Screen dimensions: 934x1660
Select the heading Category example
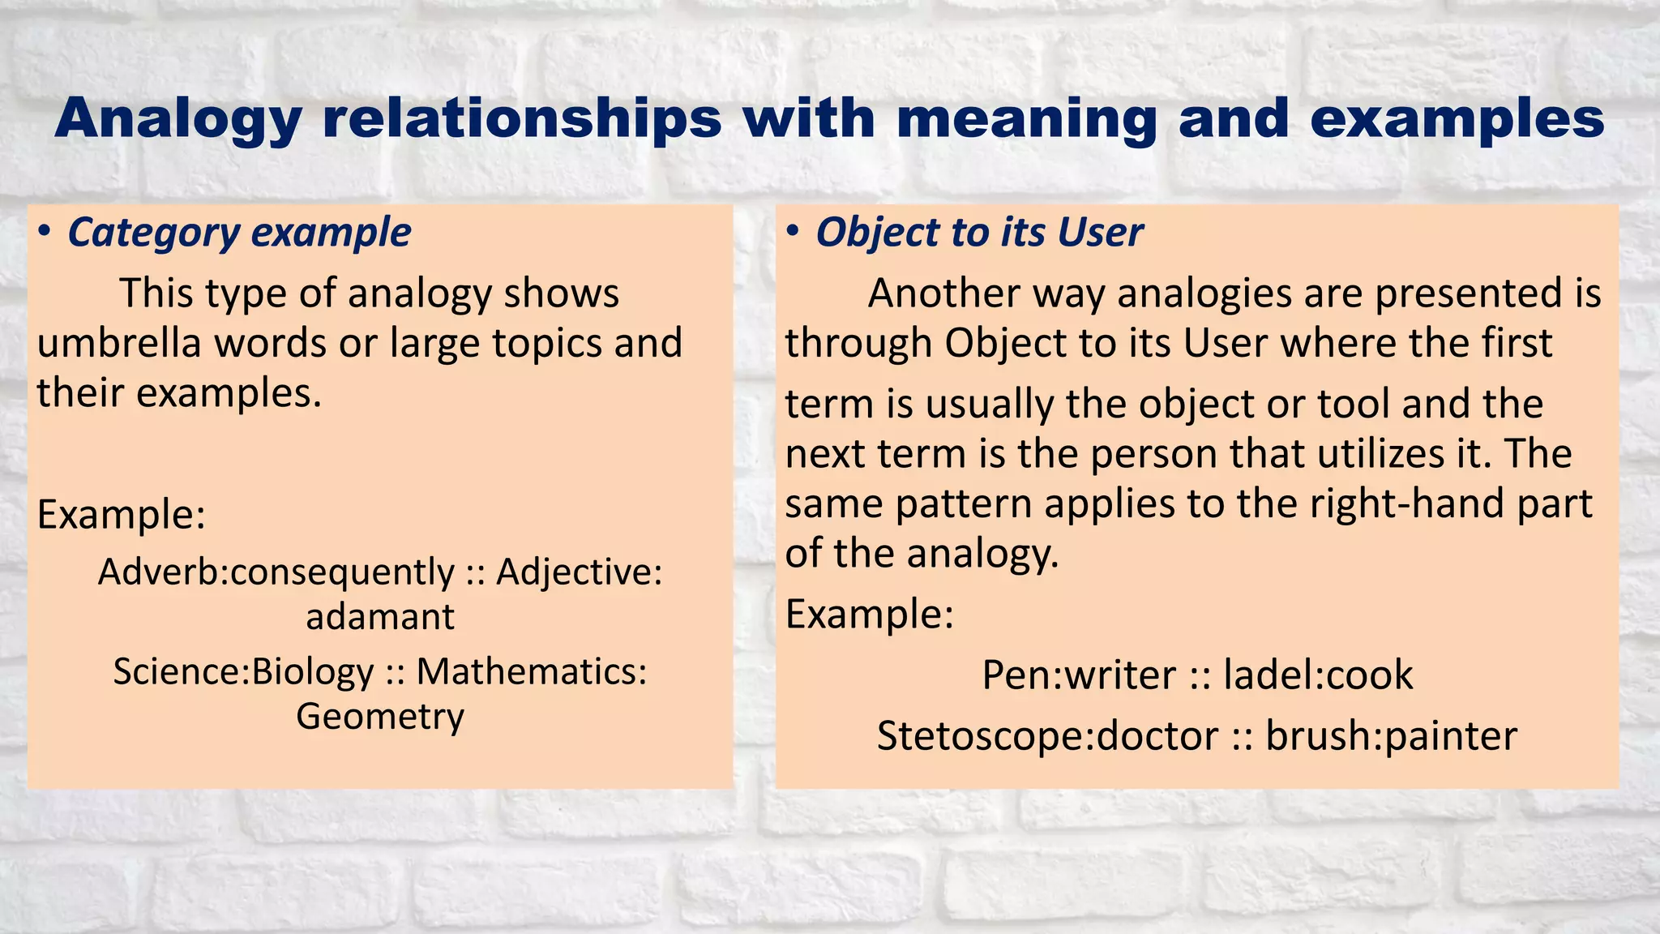click(x=239, y=233)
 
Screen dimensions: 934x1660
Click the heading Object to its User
click(x=979, y=233)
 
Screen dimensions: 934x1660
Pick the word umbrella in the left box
click(x=118, y=343)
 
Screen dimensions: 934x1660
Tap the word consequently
click(x=342, y=572)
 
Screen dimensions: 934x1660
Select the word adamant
click(x=379, y=617)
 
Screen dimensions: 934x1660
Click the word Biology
click(x=313, y=672)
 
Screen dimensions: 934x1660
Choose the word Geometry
click(x=379, y=717)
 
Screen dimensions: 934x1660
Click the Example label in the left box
click(x=121, y=515)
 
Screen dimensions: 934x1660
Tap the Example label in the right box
click(x=869, y=615)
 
